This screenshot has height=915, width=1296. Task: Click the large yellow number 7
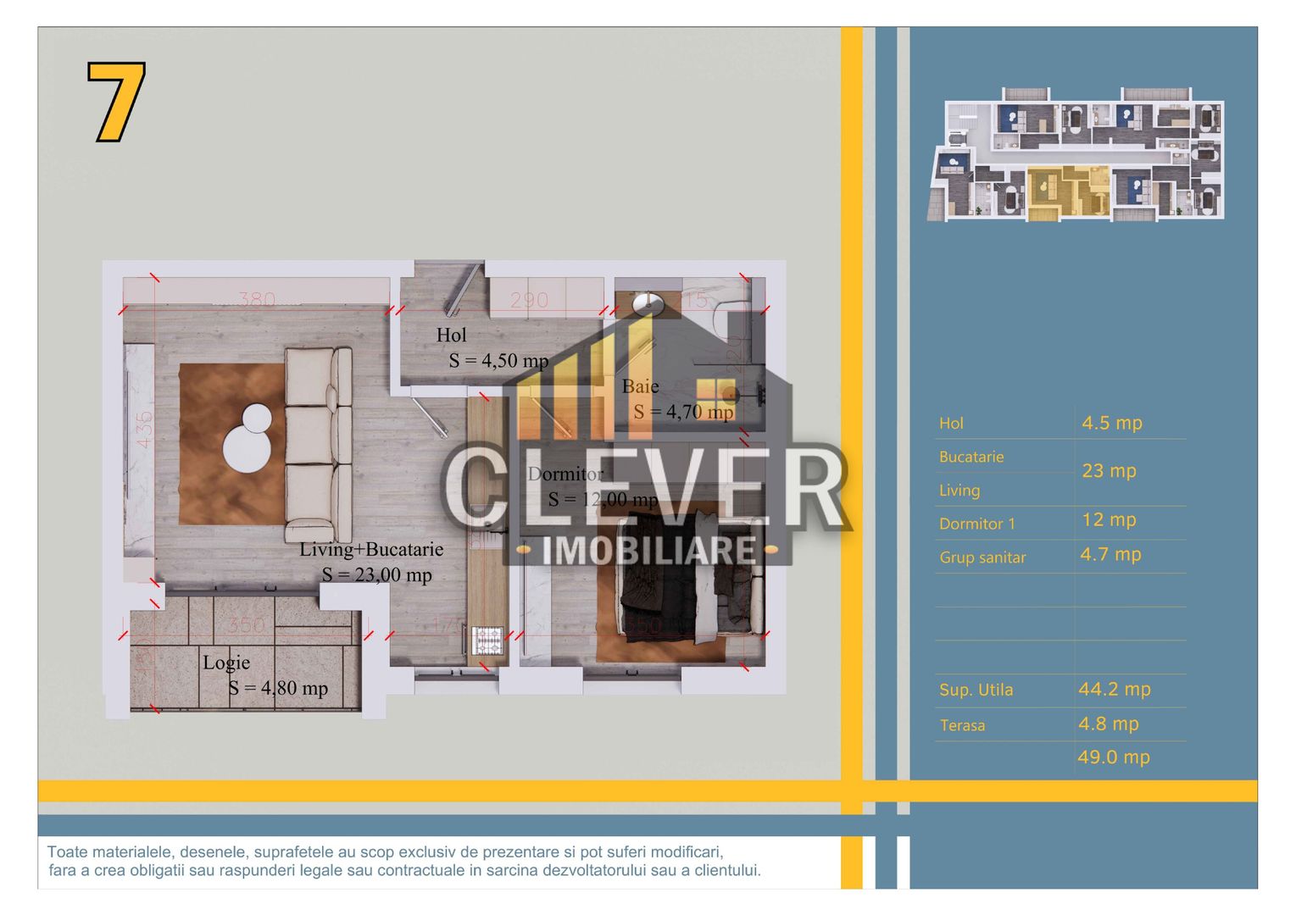(116, 101)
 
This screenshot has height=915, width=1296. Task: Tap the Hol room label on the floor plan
(451, 335)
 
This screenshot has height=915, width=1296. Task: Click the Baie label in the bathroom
(640, 386)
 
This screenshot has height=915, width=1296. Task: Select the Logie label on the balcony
(225, 663)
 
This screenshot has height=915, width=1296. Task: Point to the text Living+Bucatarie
(371, 549)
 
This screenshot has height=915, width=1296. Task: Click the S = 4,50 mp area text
(498, 361)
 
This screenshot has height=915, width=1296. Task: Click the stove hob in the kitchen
(487, 640)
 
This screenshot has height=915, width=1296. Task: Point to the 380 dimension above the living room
(256, 299)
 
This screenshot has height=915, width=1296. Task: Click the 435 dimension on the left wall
(145, 429)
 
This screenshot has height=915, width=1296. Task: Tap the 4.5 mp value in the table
(1111, 423)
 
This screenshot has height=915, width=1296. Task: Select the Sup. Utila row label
(976, 690)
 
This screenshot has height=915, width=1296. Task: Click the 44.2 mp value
(1114, 690)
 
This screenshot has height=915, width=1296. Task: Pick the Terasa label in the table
(962, 725)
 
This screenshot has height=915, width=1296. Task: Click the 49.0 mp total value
(1113, 757)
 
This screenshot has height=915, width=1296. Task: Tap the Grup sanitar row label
(982, 557)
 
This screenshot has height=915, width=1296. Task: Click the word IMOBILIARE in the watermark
(648, 551)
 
